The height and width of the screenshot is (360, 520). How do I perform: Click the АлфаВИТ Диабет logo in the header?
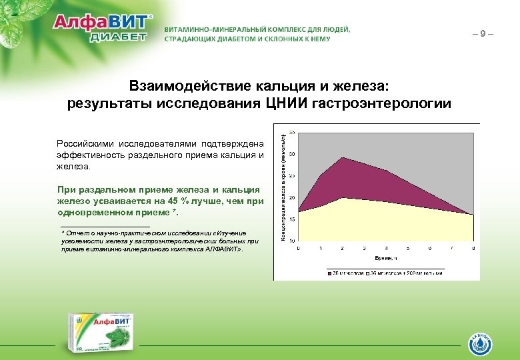coord(103,28)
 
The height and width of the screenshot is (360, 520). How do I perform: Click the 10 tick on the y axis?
coord(292,241)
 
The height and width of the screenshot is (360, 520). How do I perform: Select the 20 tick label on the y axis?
coord(292,197)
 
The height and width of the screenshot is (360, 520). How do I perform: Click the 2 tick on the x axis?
coord(343,248)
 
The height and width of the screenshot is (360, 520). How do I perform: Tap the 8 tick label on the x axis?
coord(473,248)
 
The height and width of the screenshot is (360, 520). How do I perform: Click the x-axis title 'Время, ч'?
coord(386,257)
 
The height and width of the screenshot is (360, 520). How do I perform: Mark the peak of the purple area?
coord(343,158)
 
